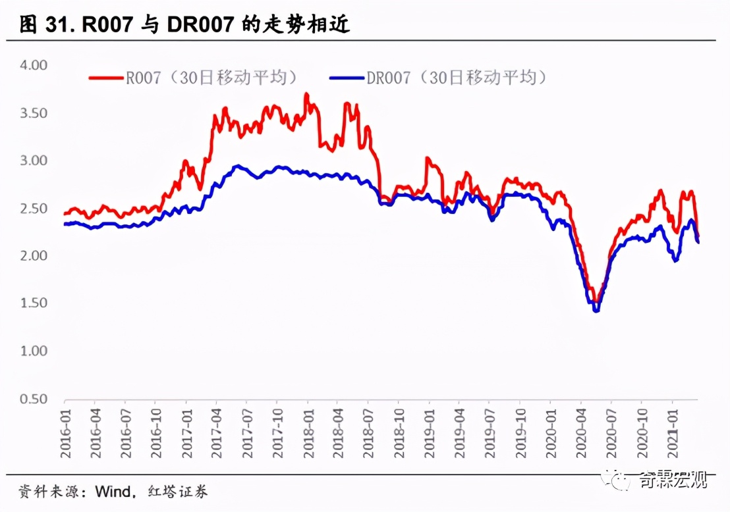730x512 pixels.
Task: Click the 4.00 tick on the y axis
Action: (x=34, y=65)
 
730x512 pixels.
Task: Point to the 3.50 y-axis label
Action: (x=34, y=113)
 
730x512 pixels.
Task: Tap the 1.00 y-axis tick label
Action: (x=34, y=351)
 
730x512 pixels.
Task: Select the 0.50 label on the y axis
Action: (x=34, y=399)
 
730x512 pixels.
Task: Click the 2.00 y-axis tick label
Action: (x=34, y=255)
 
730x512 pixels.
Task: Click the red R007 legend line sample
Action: (x=107, y=78)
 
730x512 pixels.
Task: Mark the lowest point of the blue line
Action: (x=596, y=310)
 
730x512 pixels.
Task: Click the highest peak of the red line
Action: (x=306, y=94)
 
